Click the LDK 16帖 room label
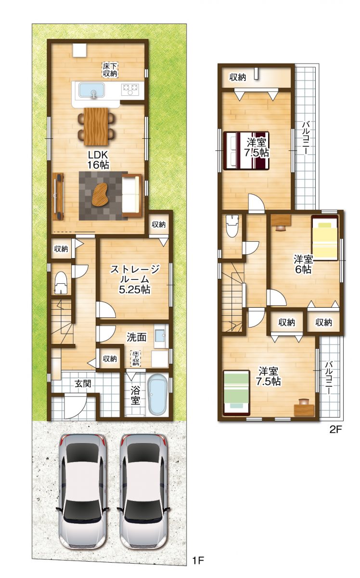pyautogui.click(x=98, y=160)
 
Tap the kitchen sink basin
pyautogui.click(x=91, y=91)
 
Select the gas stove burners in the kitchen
pyautogui.click(x=130, y=89)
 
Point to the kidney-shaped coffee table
pyautogui.click(x=100, y=194)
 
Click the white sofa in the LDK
pyautogui.click(x=132, y=196)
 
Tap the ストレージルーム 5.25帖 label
pyautogui.click(x=135, y=279)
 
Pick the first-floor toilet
pyautogui.click(x=61, y=283)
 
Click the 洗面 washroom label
pyautogui.click(x=136, y=337)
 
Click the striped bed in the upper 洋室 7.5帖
pyautogui.click(x=246, y=150)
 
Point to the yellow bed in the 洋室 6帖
pyautogui.click(x=325, y=237)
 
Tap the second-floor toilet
pyautogui.click(x=232, y=226)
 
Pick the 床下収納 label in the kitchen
pyautogui.click(x=110, y=69)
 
